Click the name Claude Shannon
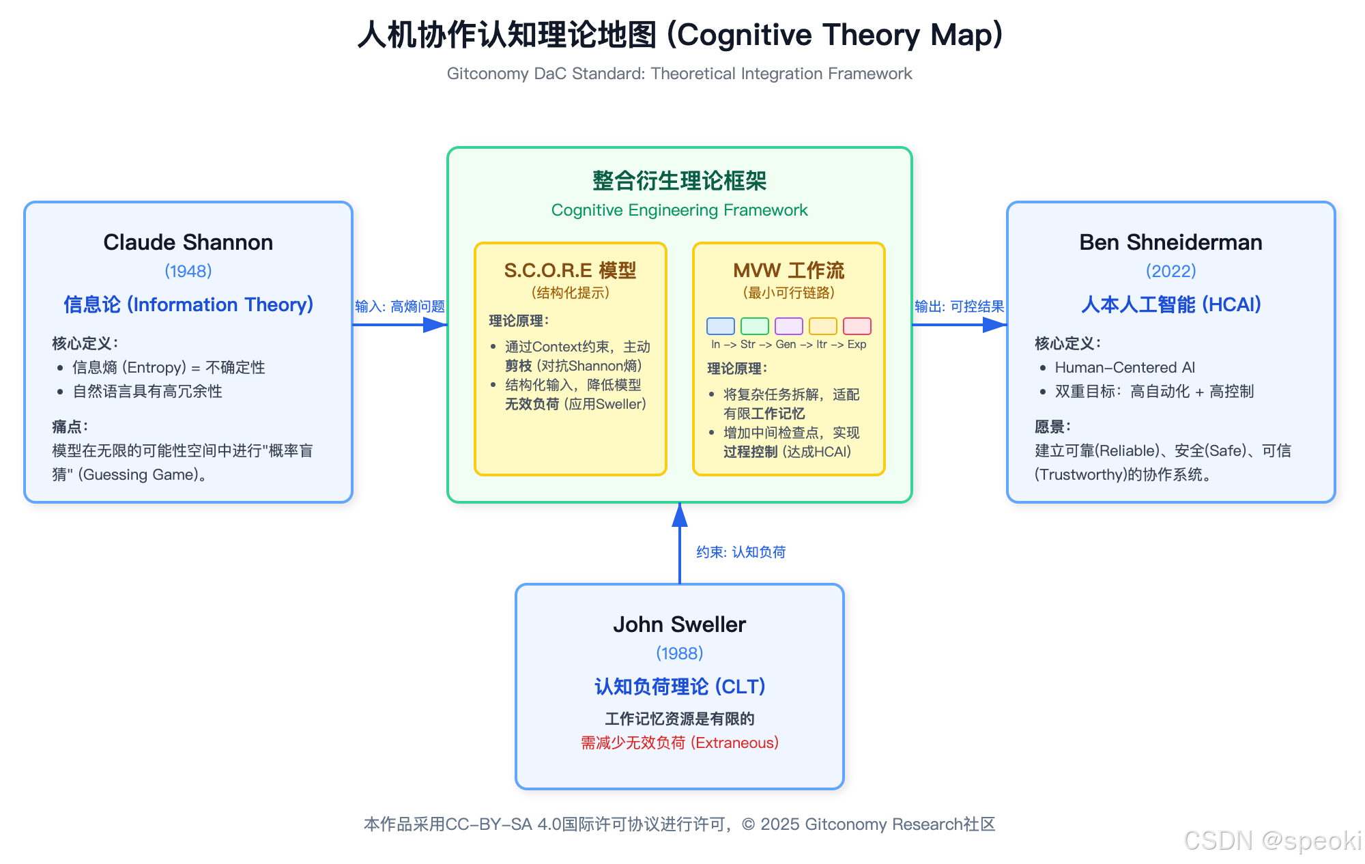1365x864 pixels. point(188,242)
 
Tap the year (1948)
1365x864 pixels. point(188,271)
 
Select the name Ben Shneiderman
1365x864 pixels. point(1170,242)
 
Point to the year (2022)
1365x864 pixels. point(1170,271)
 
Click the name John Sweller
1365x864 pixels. point(679,624)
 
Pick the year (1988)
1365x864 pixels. point(679,653)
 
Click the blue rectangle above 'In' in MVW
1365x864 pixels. point(720,326)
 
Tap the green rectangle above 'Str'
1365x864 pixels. point(754,326)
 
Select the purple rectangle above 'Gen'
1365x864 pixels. point(788,326)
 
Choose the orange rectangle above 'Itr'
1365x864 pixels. point(822,326)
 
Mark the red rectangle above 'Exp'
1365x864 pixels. point(857,326)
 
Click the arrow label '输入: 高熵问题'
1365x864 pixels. point(399,306)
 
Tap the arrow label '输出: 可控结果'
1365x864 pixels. point(959,306)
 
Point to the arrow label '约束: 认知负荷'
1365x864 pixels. point(741,552)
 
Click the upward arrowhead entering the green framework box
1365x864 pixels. point(679,515)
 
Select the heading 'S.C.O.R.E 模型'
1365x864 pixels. point(570,271)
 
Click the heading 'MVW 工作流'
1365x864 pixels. point(788,271)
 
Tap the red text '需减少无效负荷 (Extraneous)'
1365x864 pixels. point(679,743)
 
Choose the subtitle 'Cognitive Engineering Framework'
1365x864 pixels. point(679,210)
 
